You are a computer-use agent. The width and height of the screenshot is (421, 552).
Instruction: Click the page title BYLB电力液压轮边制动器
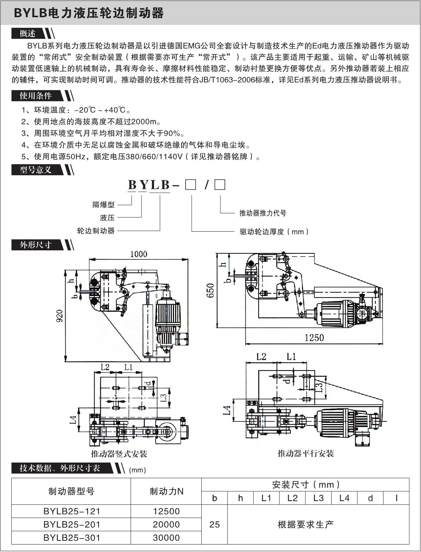(x=89, y=13)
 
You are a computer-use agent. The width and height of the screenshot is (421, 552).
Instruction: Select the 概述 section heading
(x=28, y=34)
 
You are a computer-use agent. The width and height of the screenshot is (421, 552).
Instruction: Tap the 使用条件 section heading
(x=36, y=96)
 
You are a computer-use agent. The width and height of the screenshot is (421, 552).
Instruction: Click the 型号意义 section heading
(x=36, y=170)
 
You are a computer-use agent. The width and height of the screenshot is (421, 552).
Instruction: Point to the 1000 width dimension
(x=138, y=254)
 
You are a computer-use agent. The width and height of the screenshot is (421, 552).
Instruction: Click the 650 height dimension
(x=210, y=290)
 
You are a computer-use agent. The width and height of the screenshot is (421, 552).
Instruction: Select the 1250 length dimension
(x=314, y=338)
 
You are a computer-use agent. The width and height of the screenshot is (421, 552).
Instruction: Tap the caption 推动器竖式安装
(x=119, y=454)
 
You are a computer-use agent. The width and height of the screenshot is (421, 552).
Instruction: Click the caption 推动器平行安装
(x=305, y=454)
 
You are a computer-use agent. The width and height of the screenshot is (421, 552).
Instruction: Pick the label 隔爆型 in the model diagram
(x=103, y=205)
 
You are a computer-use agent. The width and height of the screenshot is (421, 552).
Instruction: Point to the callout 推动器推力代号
(x=263, y=213)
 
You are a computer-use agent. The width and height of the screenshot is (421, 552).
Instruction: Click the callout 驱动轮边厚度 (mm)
(x=274, y=232)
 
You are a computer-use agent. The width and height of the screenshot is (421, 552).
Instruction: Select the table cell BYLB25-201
(x=71, y=525)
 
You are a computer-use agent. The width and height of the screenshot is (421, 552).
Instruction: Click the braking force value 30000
(x=166, y=538)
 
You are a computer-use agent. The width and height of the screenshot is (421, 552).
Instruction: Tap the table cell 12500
(x=166, y=511)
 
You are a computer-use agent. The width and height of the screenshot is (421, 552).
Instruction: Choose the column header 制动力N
(x=166, y=491)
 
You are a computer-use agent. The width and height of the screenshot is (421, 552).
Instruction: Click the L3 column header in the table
(x=318, y=498)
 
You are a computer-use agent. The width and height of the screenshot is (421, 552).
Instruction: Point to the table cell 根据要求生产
(x=305, y=525)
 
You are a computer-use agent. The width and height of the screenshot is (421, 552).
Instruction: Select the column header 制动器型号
(x=71, y=491)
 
